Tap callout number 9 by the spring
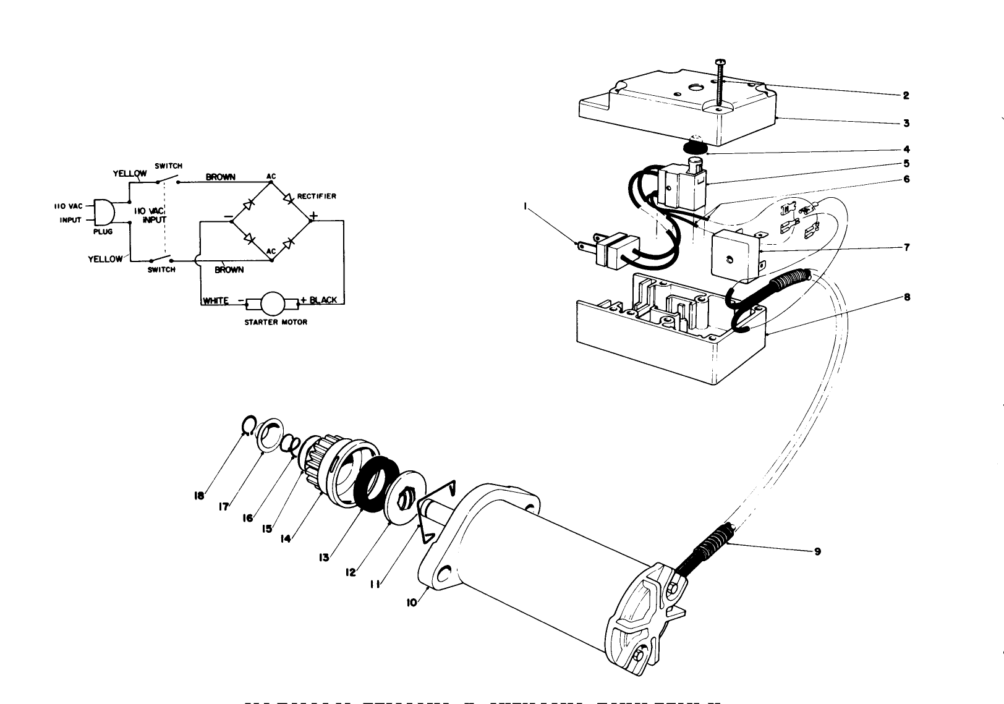click(817, 551)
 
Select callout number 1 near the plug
click(525, 209)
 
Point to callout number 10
click(412, 603)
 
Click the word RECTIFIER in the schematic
click(317, 196)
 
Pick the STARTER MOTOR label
click(275, 322)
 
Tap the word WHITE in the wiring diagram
click(216, 300)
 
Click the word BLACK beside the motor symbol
click(323, 300)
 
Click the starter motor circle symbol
click(272, 302)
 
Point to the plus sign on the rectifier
click(313, 216)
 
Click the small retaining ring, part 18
click(247, 425)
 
